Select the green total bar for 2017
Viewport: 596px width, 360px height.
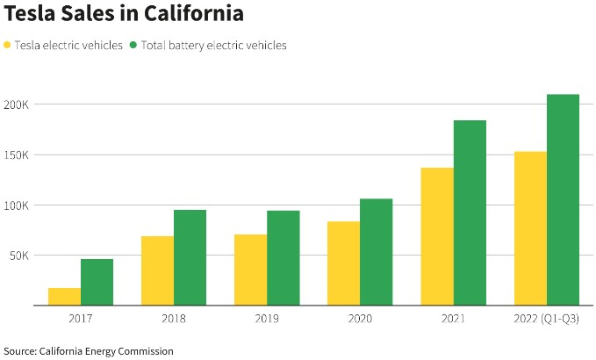click(x=97, y=282)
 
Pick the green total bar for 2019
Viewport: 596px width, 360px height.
click(x=284, y=258)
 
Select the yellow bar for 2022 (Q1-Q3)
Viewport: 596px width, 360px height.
click(x=530, y=228)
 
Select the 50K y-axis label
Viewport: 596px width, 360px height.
click(x=18, y=256)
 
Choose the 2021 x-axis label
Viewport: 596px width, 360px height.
click(x=454, y=318)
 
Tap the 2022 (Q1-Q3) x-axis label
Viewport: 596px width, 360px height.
click(x=546, y=318)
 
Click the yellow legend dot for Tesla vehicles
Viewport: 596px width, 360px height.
click(x=9, y=45)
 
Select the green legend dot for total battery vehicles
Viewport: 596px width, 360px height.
click(x=133, y=45)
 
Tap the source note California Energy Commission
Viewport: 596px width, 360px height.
click(x=106, y=351)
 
